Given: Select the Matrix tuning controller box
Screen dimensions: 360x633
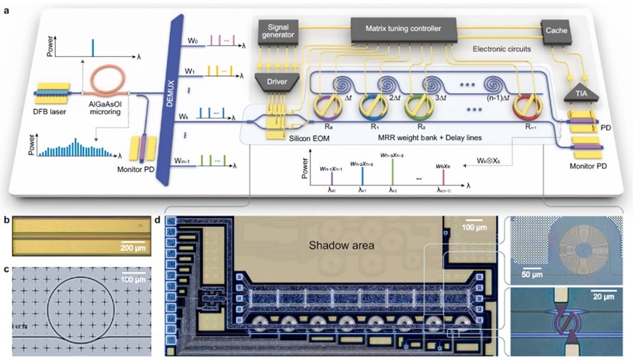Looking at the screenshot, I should tap(405, 29).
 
